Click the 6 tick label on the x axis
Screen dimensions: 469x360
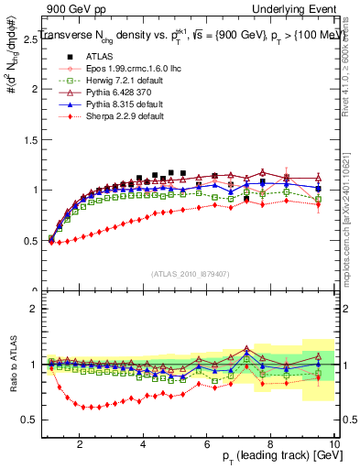pyautogui.click(x=207, y=442)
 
